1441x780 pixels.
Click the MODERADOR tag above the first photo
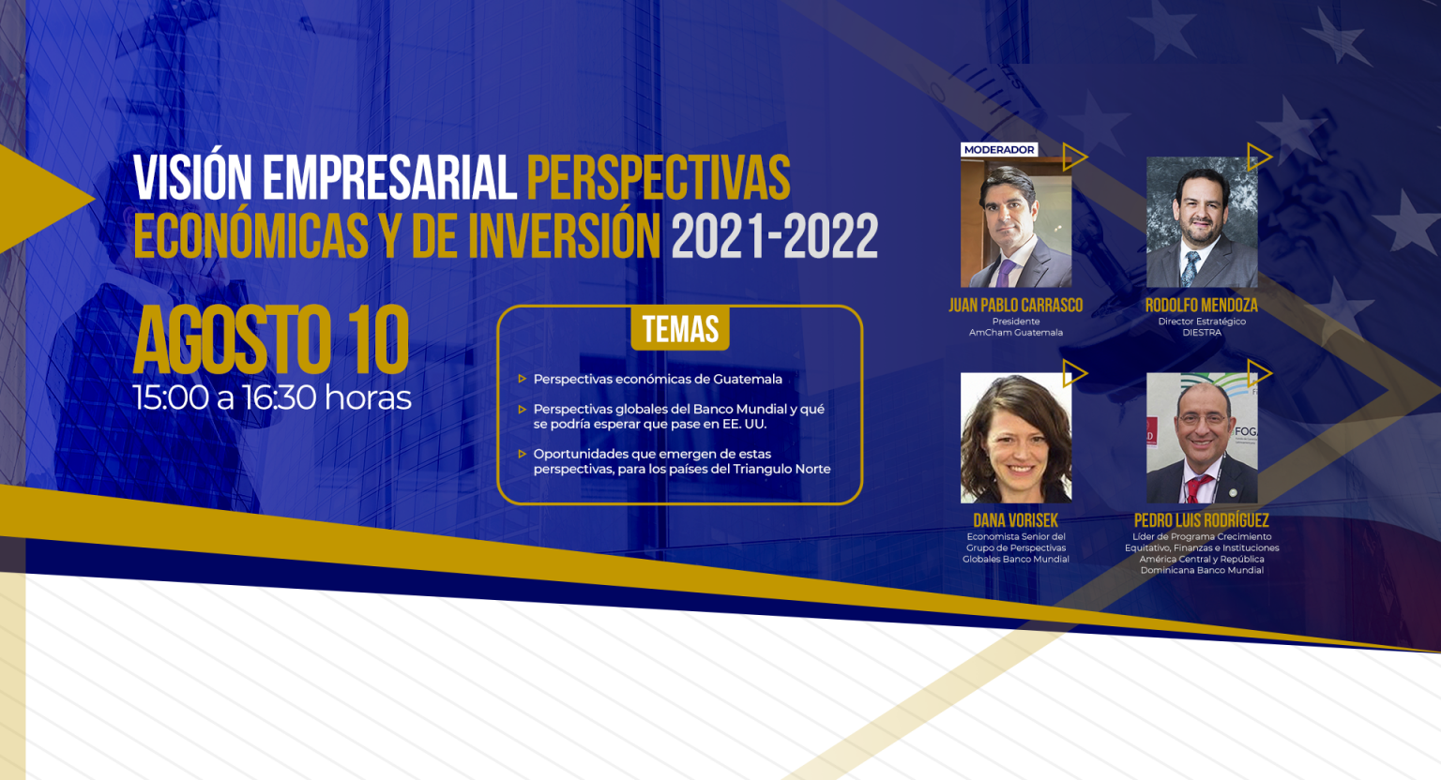click(999, 150)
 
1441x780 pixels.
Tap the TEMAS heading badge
click(680, 329)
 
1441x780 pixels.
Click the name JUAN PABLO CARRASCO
click(1016, 306)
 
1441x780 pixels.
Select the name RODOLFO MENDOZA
click(1202, 306)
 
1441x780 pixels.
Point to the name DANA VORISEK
click(1016, 520)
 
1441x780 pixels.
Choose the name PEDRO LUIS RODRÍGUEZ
click(1202, 520)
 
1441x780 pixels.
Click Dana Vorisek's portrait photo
click(1016, 438)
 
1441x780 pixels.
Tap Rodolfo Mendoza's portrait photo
click(1202, 222)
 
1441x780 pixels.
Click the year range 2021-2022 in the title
click(775, 236)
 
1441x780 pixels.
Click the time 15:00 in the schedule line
click(171, 397)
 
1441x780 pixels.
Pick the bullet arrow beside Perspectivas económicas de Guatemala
click(523, 379)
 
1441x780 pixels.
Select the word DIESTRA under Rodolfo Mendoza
click(1202, 333)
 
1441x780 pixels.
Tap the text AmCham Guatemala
click(1016, 333)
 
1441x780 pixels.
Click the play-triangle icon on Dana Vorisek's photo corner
click(1073, 374)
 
